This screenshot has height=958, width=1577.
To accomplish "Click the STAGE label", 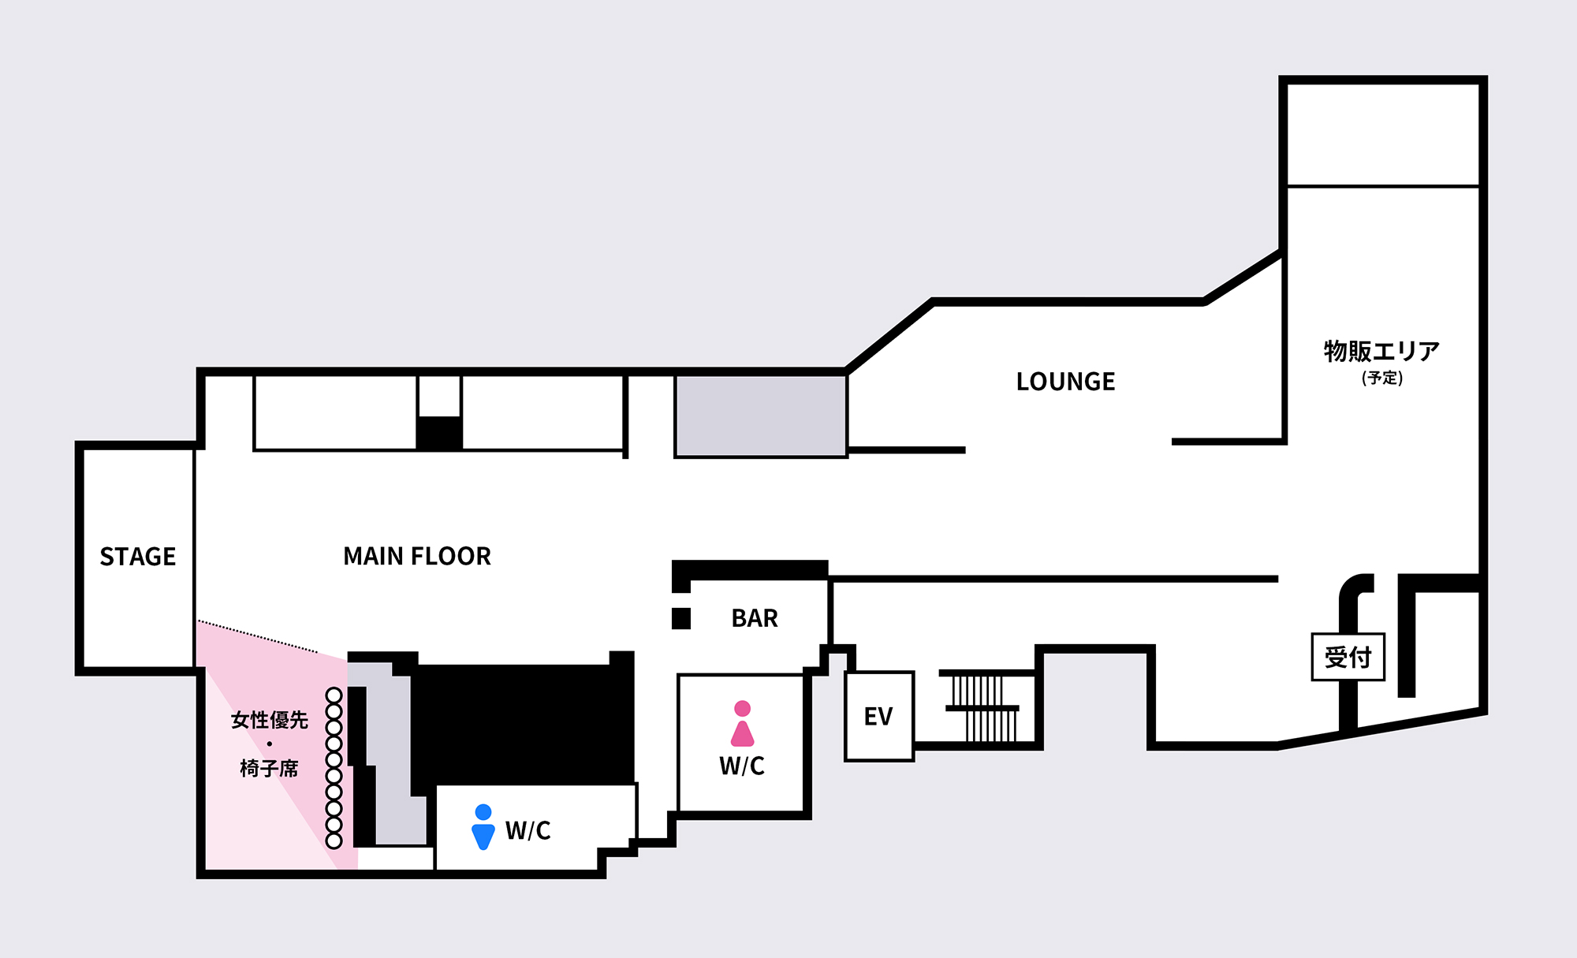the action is pos(138,557).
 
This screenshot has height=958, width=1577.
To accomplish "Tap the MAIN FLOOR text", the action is pos(417,557).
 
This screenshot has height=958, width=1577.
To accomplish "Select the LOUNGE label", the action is pos(1065,382).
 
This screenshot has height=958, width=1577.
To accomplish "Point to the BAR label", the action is pos(755,618).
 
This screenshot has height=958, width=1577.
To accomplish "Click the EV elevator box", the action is pos(879,716).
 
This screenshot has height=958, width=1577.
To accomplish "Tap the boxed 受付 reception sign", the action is pos(1348,657).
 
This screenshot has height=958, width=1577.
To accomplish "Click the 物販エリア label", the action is pos(1381,351).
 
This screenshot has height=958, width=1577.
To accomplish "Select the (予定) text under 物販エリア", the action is pos(1382,378).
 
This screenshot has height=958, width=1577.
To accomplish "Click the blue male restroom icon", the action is pos(483,827).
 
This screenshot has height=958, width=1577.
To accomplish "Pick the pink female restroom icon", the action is pos(742,724).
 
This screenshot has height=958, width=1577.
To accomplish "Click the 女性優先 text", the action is pos(270,720).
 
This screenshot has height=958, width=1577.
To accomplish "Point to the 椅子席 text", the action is pos(270,768).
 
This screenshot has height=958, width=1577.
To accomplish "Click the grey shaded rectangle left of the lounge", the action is pos(761,416).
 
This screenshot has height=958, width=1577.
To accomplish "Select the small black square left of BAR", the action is pos(681,619).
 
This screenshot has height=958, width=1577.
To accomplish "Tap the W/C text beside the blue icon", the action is pos(528,830).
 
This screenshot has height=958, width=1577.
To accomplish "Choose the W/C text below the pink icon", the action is pos(742,766).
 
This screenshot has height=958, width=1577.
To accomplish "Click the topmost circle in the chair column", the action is pos(334,695).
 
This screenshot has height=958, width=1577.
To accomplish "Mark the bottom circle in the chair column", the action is pos(334,841).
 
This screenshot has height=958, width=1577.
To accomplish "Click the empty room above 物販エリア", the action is pos(1383,135).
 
